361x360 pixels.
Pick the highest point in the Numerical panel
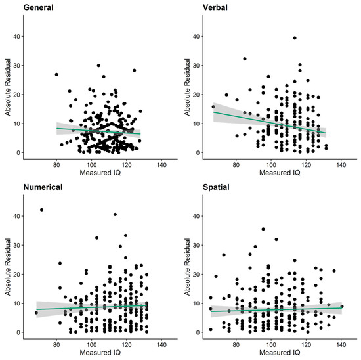pyautogui.click(x=42, y=210)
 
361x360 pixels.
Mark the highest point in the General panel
pyautogui.click(x=98, y=66)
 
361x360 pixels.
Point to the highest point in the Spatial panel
pyautogui.click(x=263, y=229)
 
